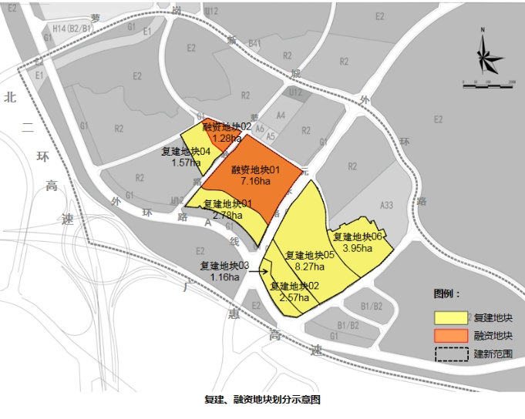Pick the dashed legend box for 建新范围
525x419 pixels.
pyautogui.click(x=451, y=354)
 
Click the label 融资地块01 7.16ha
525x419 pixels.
pyautogui.click(x=254, y=175)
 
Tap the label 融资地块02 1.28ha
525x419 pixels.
pyautogui.click(x=227, y=132)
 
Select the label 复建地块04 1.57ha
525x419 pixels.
pyautogui.click(x=186, y=156)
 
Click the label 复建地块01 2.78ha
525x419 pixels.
pyautogui.click(x=227, y=209)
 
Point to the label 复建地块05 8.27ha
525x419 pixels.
pyautogui.click(x=309, y=260)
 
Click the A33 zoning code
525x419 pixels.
pyautogui.click(x=386, y=205)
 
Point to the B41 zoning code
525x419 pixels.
pyautogui.click(x=255, y=44)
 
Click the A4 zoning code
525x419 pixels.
pyautogui.click(x=281, y=116)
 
